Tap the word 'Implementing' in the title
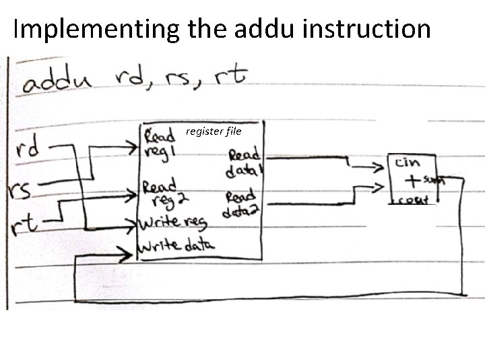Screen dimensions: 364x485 point(94,30)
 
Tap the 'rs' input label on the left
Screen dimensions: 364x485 point(21,190)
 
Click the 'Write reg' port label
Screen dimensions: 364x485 point(172,222)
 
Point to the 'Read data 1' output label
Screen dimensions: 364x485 point(244,162)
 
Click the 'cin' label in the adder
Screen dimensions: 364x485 point(408,162)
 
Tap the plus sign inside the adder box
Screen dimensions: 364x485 point(410,181)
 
